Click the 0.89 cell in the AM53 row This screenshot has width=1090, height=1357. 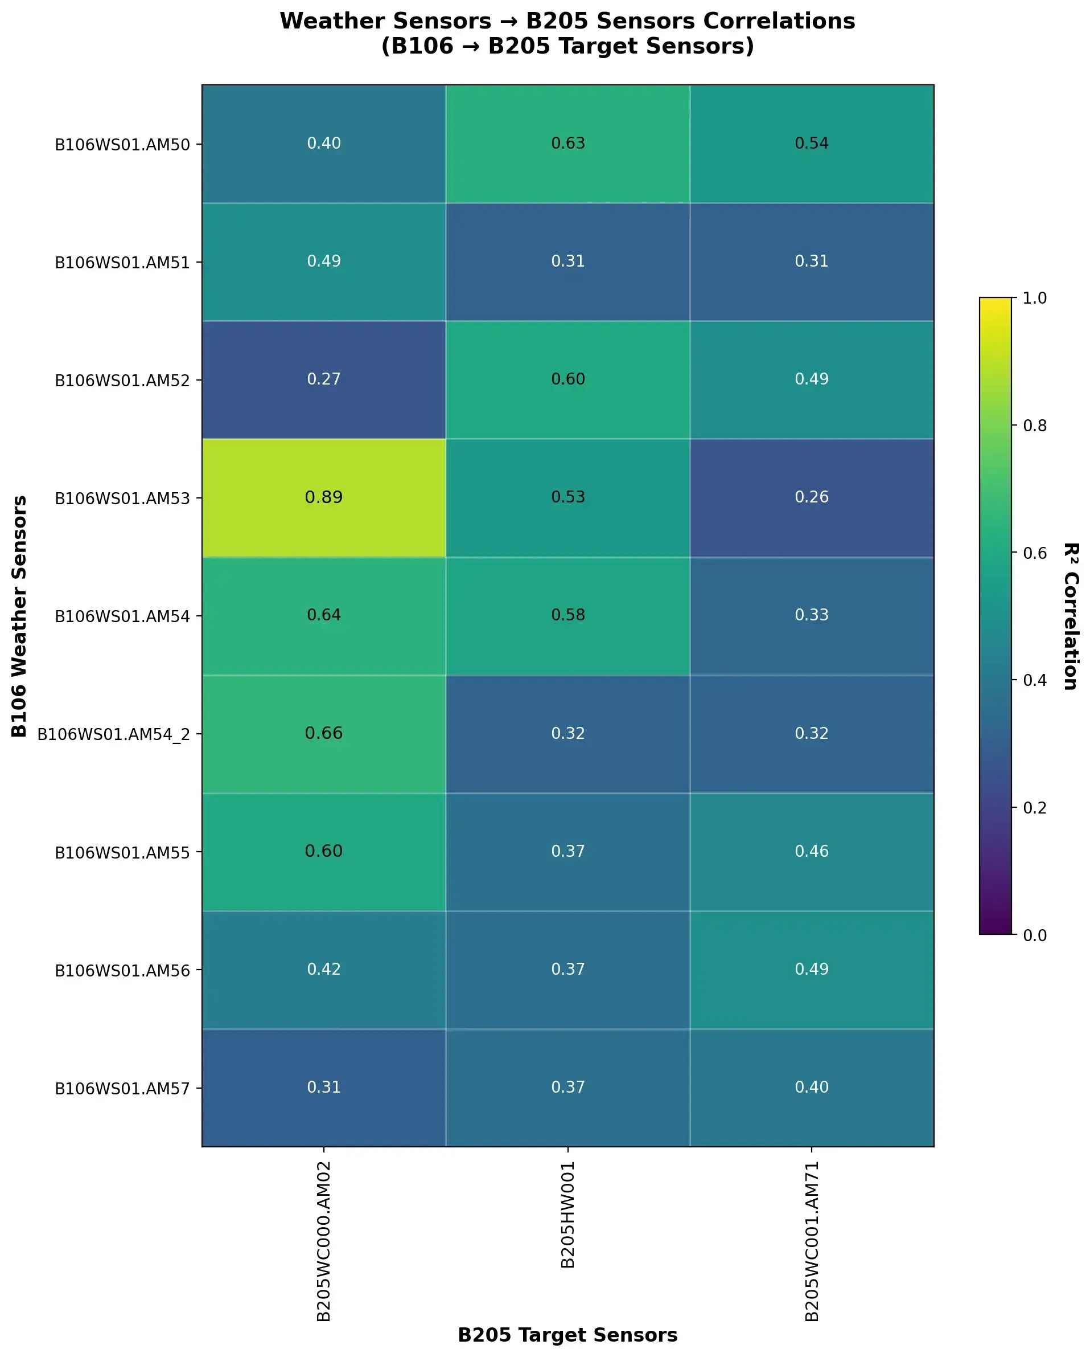click(x=323, y=497)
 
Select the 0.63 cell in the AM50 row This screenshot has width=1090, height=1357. click(x=567, y=144)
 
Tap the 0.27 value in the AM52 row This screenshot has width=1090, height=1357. click(x=323, y=379)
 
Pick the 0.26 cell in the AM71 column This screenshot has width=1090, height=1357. click(x=811, y=497)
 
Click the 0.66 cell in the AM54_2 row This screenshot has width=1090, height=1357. click(x=323, y=733)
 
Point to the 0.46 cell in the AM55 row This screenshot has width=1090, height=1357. click(x=811, y=851)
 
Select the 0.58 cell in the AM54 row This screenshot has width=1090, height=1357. click(x=567, y=615)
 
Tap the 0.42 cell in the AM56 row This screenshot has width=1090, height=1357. click(x=323, y=968)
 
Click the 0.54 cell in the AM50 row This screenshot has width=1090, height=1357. click(x=811, y=144)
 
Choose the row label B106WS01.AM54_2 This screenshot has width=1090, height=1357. click(x=113, y=734)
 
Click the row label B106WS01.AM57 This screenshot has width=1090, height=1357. click(x=122, y=1088)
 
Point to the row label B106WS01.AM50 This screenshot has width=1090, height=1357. click(x=122, y=145)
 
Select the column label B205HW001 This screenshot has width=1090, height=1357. click(x=567, y=1215)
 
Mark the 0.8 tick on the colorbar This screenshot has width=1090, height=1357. click(x=1034, y=426)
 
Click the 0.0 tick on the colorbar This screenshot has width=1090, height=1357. click(x=1034, y=935)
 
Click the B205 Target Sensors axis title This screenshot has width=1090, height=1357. click(x=567, y=1334)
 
